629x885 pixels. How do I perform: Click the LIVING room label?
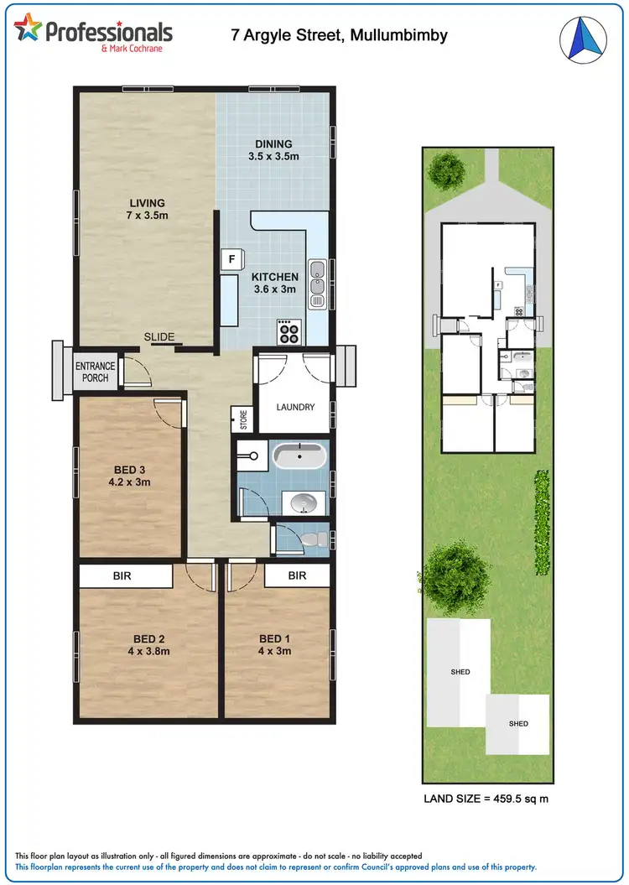147,209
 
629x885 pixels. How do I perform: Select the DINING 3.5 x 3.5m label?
273,149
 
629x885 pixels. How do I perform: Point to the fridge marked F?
229,260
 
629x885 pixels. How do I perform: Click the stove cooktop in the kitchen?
289,333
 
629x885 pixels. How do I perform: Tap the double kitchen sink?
317,282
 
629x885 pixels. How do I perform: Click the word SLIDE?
159,337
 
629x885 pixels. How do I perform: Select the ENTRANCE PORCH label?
95,372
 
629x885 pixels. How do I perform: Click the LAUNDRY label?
295,407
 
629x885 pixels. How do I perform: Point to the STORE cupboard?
243,419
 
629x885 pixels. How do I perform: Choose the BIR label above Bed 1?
297,576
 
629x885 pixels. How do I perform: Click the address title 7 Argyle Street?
339,35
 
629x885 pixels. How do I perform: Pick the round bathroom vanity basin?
300,502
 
